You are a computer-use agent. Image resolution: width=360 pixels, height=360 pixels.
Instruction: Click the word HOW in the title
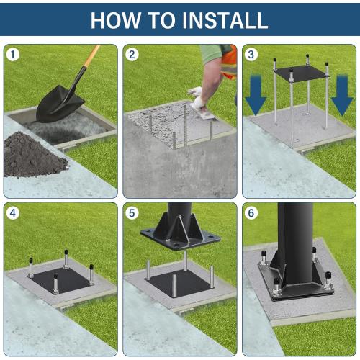115,19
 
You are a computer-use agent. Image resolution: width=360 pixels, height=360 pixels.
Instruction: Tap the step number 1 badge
13,55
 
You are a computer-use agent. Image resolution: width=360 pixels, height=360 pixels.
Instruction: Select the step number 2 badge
132,55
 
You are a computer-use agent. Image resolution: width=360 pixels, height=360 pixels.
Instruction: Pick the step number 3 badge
251,55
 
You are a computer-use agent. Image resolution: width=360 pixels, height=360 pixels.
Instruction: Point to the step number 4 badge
13,212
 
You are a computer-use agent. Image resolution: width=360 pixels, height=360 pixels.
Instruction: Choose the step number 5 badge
132,212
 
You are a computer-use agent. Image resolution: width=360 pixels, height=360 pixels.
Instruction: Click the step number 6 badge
251,212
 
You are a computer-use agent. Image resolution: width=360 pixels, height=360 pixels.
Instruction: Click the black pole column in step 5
180,216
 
